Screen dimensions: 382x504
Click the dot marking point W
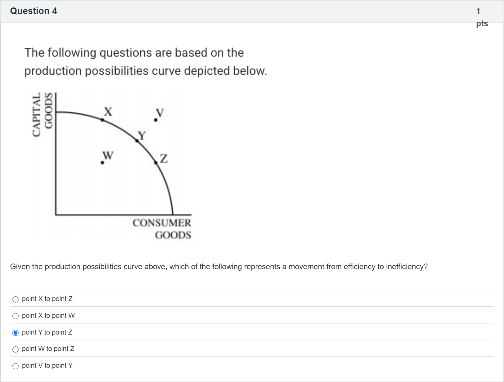point(102,162)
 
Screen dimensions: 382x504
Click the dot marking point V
point(155,120)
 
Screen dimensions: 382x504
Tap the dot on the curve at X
point(102,120)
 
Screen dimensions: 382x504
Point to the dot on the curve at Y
point(137,141)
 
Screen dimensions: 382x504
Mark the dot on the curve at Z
point(156,162)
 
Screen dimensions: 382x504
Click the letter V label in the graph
point(160,112)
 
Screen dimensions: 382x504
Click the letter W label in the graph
point(108,155)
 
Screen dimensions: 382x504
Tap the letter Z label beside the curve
point(164,158)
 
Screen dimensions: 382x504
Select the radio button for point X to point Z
point(16,299)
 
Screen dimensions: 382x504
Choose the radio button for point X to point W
point(16,316)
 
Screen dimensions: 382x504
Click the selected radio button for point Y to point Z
point(16,333)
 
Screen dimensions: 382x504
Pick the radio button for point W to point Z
point(16,349)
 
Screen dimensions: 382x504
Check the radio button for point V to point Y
point(16,366)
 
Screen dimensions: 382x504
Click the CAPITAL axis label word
point(37,115)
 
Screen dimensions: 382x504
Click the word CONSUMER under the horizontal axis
point(162,223)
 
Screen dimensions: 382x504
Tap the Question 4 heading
point(34,11)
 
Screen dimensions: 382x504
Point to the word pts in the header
point(482,24)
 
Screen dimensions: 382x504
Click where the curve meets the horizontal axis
point(173,214)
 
